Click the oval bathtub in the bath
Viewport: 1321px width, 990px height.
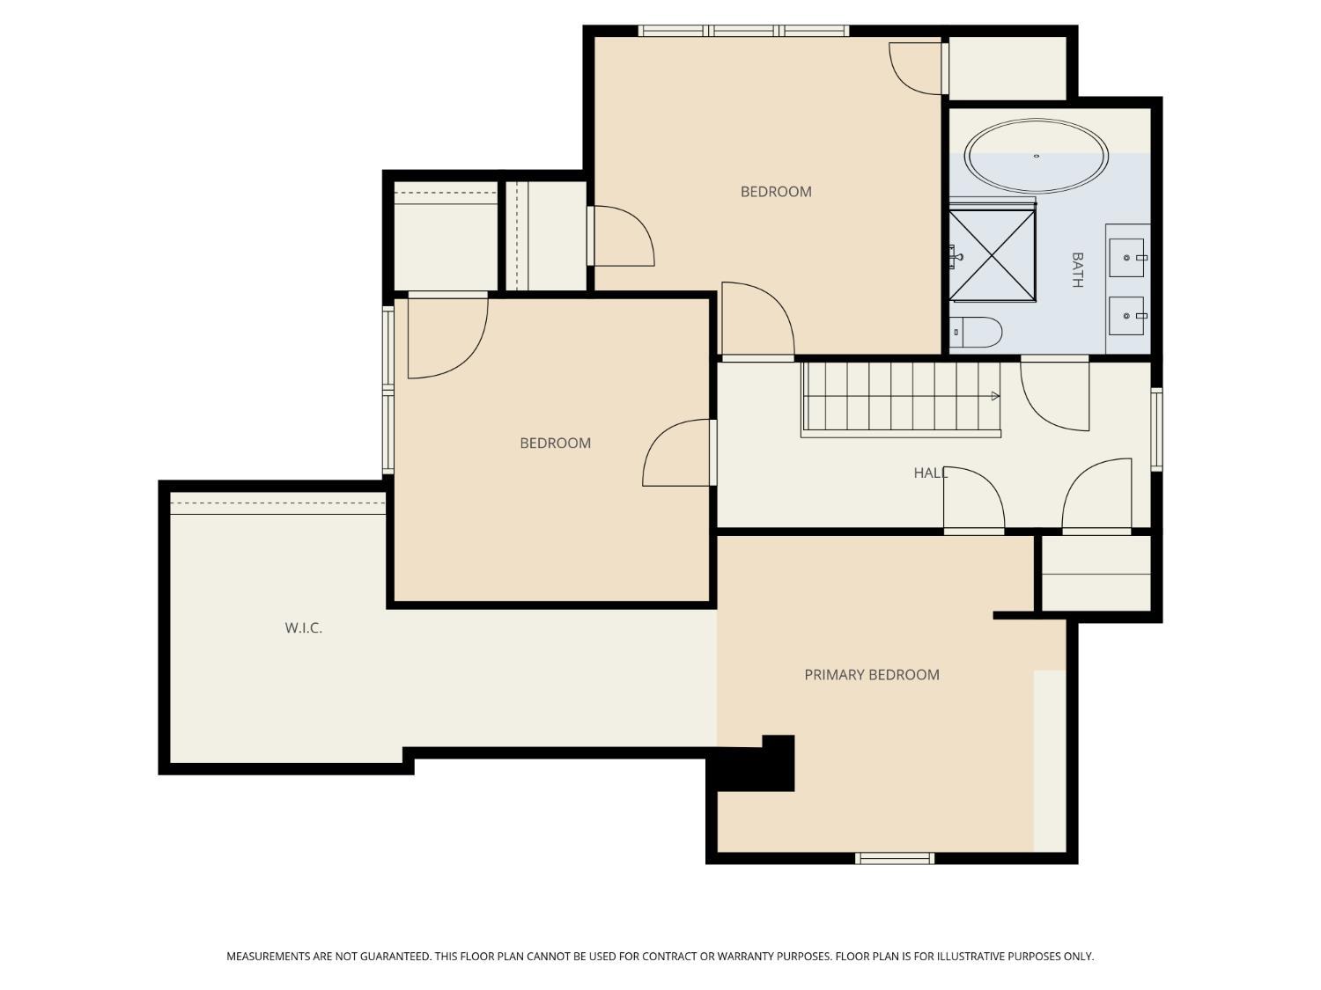point(1035,156)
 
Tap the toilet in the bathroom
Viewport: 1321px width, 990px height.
point(976,332)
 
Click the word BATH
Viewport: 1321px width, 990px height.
point(1077,270)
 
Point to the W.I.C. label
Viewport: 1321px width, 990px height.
point(303,627)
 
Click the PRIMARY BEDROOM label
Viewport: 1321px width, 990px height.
point(872,674)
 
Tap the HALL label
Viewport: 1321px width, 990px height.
point(930,473)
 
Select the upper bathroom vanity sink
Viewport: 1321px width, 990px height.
point(1126,257)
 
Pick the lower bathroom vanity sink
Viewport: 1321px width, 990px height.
point(1126,316)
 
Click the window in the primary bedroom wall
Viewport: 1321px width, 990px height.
point(894,858)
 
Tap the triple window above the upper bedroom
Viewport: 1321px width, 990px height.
point(743,31)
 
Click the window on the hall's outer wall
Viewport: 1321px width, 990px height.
point(1156,429)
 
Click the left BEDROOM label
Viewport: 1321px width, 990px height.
point(555,443)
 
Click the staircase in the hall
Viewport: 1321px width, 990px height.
point(901,400)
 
